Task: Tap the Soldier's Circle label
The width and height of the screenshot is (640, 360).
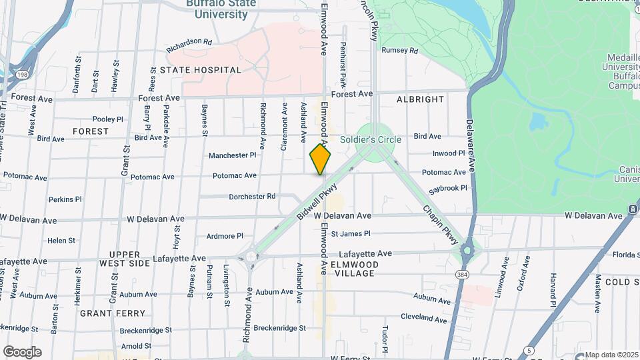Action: point(370,139)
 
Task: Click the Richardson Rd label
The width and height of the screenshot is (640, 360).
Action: point(189,41)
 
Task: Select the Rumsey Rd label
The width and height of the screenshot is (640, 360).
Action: point(399,50)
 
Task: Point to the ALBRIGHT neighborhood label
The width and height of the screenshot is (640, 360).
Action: point(420,99)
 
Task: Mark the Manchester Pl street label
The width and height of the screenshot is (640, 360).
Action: point(232,155)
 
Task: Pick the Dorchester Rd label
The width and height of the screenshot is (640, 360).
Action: point(252,197)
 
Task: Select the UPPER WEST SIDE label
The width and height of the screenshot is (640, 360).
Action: point(125,259)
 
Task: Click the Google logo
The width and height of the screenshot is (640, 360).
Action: point(22,352)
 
